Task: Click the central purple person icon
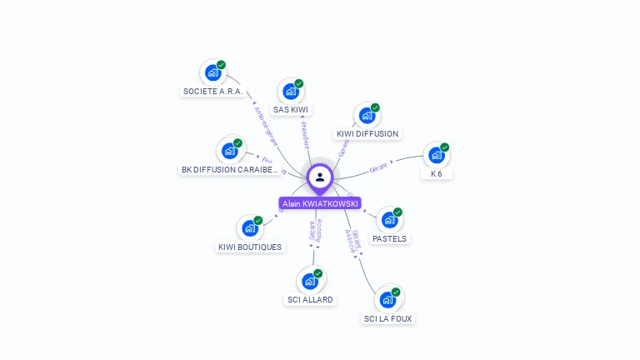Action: (x=320, y=177)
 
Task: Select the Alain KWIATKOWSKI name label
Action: (x=320, y=203)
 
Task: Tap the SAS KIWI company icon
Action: (x=290, y=91)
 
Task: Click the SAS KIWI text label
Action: (x=291, y=110)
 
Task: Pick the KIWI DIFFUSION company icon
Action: (x=367, y=115)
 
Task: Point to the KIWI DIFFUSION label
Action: (x=367, y=134)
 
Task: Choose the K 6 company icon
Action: (x=436, y=155)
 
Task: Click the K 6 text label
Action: (x=437, y=174)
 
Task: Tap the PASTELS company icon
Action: (x=389, y=220)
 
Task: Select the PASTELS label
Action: (x=390, y=239)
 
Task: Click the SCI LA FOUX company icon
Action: (x=387, y=300)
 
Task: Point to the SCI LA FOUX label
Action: (x=388, y=319)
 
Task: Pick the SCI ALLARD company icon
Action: (x=310, y=281)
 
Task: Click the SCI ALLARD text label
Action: (x=310, y=300)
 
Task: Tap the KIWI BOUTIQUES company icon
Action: (x=249, y=228)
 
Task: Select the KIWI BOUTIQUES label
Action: (x=250, y=247)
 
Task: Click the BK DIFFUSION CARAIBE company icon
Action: (x=229, y=151)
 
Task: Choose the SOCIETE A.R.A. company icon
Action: (x=212, y=72)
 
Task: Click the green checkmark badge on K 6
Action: (x=445, y=147)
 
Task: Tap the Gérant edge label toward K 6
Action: (x=379, y=168)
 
